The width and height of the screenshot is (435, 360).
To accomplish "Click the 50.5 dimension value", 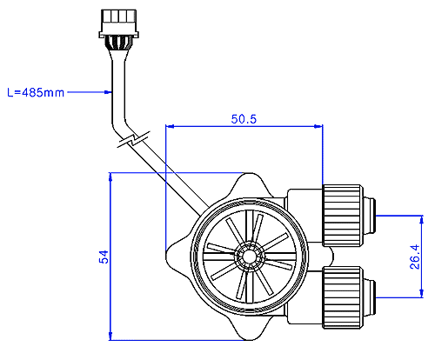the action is [244, 119].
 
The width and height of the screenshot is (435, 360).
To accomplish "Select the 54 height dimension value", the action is [104, 257].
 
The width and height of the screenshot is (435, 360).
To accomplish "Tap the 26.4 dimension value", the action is [415, 257].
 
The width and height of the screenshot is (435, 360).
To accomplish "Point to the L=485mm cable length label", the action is [36, 92].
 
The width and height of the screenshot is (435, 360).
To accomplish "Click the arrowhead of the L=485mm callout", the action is [108, 92].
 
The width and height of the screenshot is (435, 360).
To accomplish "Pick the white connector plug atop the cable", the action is [118, 23].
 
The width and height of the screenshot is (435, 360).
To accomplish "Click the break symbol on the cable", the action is [133, 139].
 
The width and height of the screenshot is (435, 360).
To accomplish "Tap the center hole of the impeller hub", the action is [249, 257].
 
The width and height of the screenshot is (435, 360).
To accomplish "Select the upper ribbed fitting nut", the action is [343, 216].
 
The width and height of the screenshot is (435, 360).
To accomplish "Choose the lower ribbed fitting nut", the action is [343, 297].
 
